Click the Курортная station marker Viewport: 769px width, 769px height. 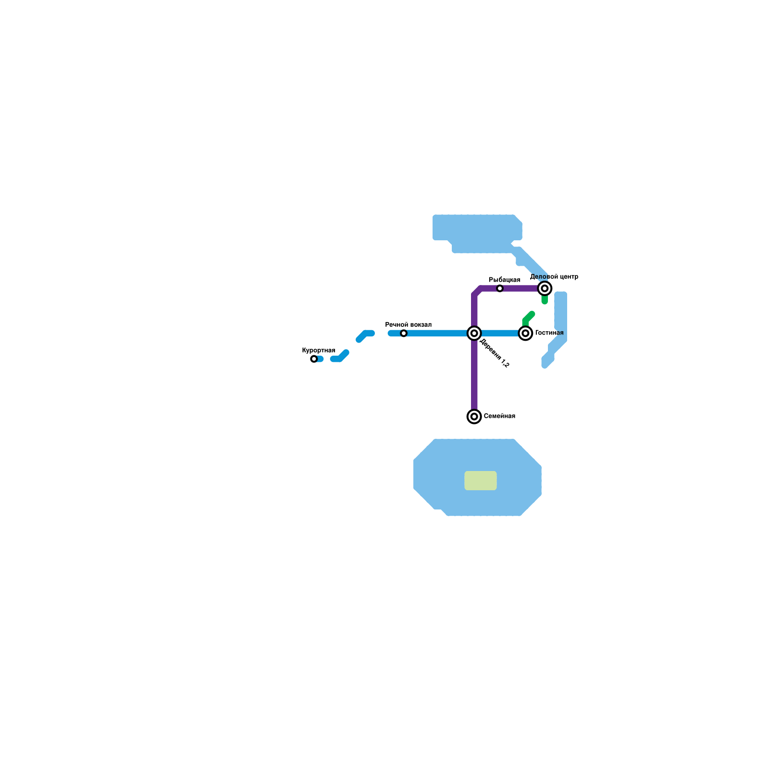point(314,359)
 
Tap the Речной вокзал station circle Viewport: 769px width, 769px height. point(404,334)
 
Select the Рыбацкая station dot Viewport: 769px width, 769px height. point(500,288)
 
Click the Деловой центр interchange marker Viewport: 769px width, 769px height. point(545,288)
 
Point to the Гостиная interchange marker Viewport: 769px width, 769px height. point(526,333)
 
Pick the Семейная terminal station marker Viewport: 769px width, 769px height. point(474,416)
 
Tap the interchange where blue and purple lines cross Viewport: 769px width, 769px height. point(474,333)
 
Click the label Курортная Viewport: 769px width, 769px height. point(319,350)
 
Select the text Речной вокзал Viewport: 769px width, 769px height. point(409,325)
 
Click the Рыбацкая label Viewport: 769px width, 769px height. point(504,280)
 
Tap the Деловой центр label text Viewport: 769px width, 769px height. point(554,277)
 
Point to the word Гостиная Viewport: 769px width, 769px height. point(549,333)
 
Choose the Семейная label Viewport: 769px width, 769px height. point(499,416)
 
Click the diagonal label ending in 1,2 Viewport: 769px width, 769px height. point(495,353)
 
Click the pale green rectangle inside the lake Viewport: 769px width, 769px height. point(480,481)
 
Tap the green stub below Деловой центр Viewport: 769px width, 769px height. point(545,300)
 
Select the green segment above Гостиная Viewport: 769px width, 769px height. point(528,317)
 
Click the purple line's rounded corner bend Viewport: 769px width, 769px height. point(477,291)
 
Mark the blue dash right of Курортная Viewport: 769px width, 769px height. point(340,357)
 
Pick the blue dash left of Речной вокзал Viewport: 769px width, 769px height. point(365,335)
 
